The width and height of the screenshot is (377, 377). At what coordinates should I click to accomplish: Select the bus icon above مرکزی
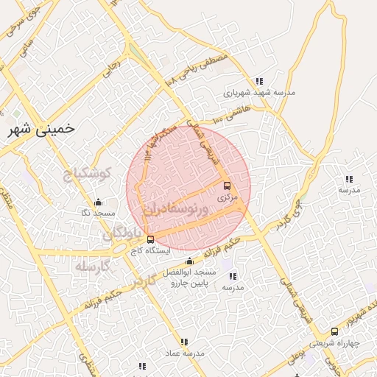pyautogui.click(x=226, y=186)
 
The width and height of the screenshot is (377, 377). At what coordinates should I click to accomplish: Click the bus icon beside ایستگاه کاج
pyautogui.click(x=151, y=239)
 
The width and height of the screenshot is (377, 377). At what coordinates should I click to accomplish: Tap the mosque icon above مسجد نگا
pyautogui.click(x=98, y=202)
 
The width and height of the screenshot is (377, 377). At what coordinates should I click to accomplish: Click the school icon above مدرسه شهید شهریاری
pyautogui.click(x=258, y=81)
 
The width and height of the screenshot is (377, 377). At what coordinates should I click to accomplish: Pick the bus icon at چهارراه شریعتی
pyautogui.click(x=335, y=332)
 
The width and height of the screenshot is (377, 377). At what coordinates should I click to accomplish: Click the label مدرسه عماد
pyautogui.click(x=184, y=354)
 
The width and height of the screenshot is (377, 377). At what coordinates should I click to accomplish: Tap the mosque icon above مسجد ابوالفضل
pyautogui.click(x=190, y=261)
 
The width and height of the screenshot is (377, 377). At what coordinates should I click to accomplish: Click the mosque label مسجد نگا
pyautogui.click(x=98, y=213)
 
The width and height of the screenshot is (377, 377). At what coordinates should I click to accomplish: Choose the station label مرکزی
pyautogui.click(x=227, y=198)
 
